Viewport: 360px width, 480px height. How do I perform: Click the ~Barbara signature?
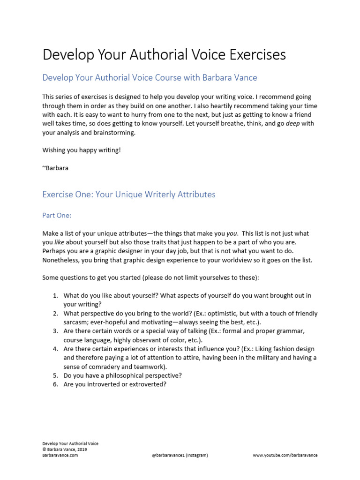pyautogui.click(x=55, y=168)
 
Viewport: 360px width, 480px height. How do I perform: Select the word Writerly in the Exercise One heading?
pyautogui.click(x=159, y=194)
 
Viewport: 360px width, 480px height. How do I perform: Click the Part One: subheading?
pyautogui.click(x=57, y=215)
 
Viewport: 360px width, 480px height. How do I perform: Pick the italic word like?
pyautogui.click(x=59, y=242)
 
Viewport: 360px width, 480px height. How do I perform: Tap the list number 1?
pyautogui.click(x=55, y=295)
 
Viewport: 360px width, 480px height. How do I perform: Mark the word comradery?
pyautogui.click(x=106, y=367)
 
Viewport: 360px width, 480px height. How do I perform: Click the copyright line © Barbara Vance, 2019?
pyautogui.click(x=64, y=449)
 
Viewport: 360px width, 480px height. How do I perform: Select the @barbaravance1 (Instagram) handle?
pyautogui.click(x=180, y=455)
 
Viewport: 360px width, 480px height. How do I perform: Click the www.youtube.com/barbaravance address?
pyautogui.click(x=285, y=455)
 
